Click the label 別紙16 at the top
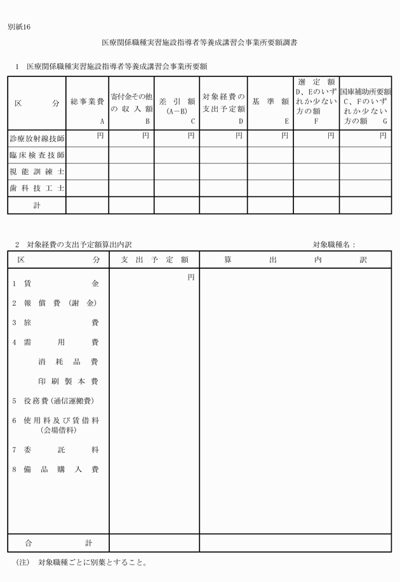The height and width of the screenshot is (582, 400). tap(19, 27)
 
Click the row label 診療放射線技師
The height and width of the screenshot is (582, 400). tap(37, 138)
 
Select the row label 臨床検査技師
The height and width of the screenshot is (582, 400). tap(37, 155)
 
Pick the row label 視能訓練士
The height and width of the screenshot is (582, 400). tap(37, 172)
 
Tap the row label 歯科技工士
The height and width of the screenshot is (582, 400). tap(37, 189)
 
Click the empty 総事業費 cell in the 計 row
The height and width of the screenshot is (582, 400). tap(88, 205)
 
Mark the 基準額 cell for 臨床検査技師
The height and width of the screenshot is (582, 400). tap(270, 155)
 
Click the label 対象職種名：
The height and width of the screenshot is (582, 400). tap(335, 245)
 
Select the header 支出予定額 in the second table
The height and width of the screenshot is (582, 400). tap(154, 260)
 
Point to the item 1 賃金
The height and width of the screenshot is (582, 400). tap(56, 284)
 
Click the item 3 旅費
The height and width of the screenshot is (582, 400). tap(56, 323)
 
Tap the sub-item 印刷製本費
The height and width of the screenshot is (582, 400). tap(69, 381)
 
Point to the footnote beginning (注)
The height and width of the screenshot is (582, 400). tap(83, 562)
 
